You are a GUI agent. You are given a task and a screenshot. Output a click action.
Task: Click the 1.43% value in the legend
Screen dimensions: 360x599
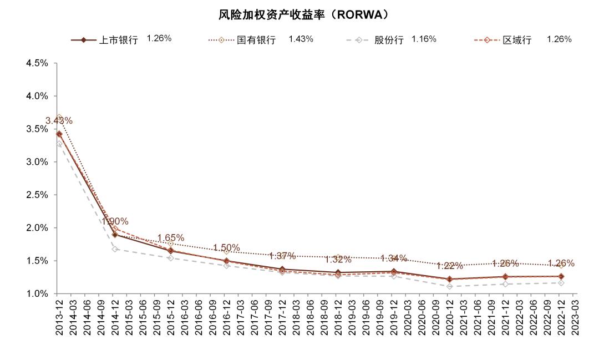(x=301, y=39)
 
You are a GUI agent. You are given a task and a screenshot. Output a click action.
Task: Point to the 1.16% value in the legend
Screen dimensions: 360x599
(x=424, y=39)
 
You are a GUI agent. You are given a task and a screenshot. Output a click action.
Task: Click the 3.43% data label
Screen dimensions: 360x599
(x=59, y=121)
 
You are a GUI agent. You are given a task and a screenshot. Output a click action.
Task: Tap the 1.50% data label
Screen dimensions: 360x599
(x=226, y=248)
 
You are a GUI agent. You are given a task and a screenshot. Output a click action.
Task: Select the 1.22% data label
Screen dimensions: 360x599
(x=450, y=266)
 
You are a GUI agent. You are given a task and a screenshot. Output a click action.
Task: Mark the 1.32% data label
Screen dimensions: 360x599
(x=338, y=260)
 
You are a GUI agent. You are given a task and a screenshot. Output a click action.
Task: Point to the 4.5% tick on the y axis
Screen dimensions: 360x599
(x=37, y=63)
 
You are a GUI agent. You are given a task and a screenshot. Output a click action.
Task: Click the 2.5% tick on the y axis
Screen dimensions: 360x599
(x=37, y=195)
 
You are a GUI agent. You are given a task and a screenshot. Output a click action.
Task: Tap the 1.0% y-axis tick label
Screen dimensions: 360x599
(x=37, y=294)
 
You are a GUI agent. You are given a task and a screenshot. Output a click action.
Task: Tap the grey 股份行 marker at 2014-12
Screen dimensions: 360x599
(x=115, y=249)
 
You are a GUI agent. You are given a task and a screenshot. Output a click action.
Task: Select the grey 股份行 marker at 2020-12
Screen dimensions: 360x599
(x=449, y=286)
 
